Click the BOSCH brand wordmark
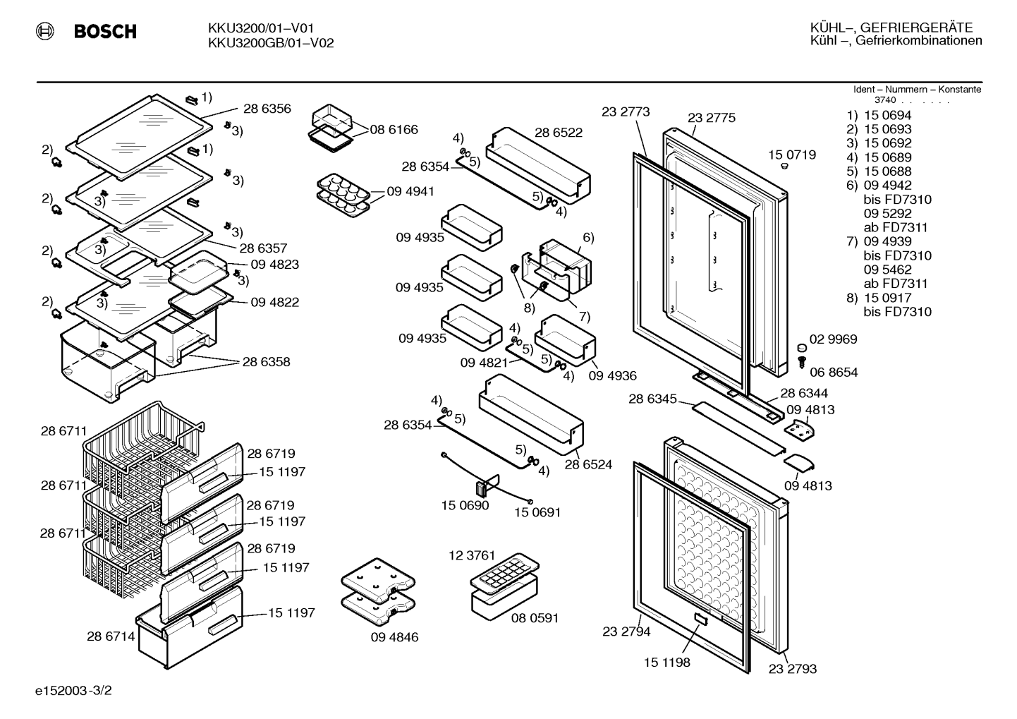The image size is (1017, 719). pos(105,31)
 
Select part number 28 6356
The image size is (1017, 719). pos(267,109)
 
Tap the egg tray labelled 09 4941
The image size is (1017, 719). pos(343,195)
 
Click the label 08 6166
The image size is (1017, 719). pos(394,129)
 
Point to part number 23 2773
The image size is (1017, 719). pos(626,111)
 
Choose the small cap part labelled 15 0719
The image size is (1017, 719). pos(784,166)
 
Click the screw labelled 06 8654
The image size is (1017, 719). pos(801,363)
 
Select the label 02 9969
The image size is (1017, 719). pos(833,339)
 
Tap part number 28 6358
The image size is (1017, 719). pos(266,362)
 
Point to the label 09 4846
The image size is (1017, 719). pos(394,637)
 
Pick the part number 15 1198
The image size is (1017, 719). pos(667,663)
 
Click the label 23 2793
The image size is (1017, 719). pos(793,669)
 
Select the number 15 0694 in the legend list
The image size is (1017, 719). pos(888,116)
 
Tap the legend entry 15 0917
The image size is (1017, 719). pos(888,298)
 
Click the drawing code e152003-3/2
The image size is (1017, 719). pos(73,691)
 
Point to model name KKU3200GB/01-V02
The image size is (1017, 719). pos(271,43)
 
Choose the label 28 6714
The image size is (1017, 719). pos(111,636)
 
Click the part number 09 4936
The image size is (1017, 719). pos(612,376)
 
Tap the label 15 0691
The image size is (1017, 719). pos(537,512)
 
